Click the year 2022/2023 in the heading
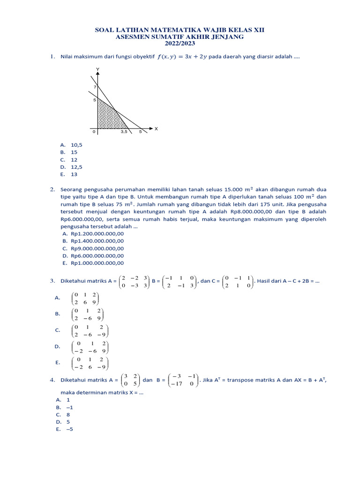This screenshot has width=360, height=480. click(180, 44)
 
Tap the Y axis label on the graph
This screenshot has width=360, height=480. click(97, 69)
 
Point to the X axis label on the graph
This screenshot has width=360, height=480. click(156, 128)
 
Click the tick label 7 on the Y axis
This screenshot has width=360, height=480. click(94, 87)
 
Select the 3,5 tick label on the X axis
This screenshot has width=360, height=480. click(124, 132)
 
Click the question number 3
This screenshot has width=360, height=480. click(52, 281)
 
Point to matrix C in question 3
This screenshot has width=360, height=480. click(237, 281)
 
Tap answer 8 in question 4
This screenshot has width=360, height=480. click(68, 415)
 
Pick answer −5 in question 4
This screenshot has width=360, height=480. click(70, 429)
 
